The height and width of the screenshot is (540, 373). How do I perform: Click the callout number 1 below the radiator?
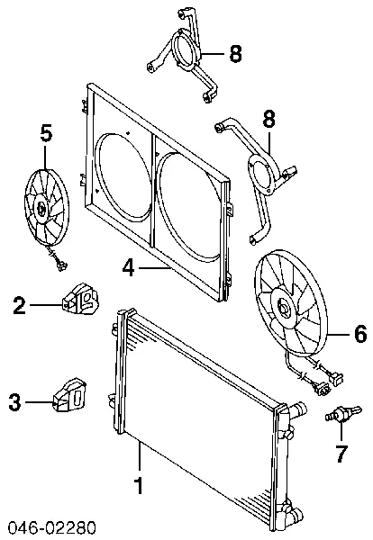(139, 486)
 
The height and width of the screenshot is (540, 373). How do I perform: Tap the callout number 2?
(19, 305)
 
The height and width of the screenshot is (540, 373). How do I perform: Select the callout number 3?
(14, 402)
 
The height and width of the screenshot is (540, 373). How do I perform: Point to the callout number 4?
(129, 267)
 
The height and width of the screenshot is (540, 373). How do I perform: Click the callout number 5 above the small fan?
(46, 133)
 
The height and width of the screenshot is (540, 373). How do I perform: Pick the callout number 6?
(359, 334)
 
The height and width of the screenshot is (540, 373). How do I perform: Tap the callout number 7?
(341, 454)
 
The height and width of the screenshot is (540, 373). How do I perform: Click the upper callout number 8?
(235, 54)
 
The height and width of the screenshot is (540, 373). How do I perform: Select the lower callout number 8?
(268, 119)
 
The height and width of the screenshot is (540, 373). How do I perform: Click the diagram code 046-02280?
(52, 528)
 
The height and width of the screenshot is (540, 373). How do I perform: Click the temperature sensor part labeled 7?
(343, 413)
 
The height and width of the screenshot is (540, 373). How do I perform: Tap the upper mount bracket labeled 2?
(80, 299)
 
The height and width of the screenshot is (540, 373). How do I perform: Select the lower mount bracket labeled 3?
(69, 395)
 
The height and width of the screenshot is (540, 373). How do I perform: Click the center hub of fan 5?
(41, 208)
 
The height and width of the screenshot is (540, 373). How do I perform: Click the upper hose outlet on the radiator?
(298, 409)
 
